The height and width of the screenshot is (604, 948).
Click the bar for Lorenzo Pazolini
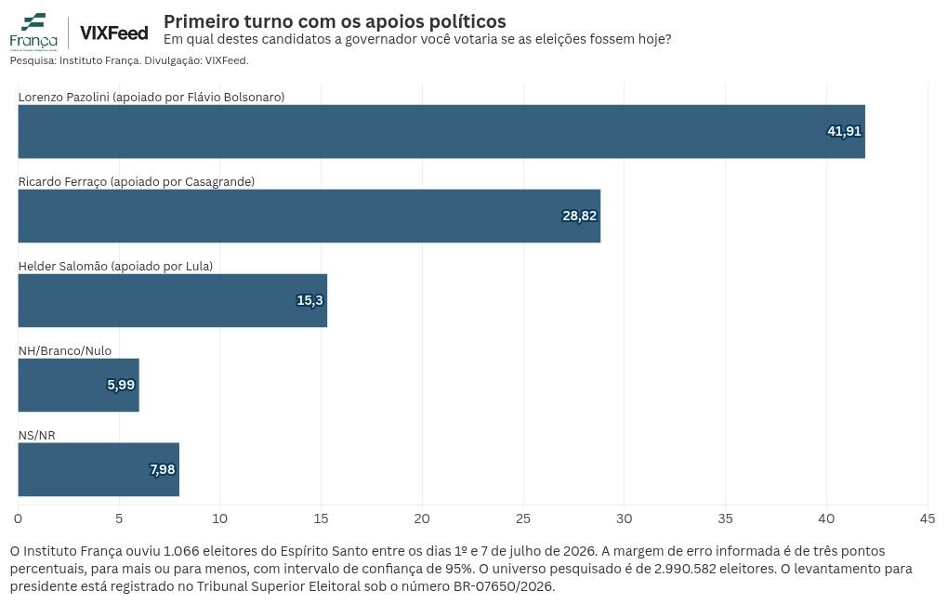coord(441,132)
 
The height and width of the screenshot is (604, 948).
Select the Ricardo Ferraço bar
coord(309,216)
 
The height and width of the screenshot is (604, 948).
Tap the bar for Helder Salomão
coord(172,300)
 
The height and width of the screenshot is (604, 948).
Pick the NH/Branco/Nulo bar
coord(79,385)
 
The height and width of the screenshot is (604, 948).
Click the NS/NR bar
coord(99,470)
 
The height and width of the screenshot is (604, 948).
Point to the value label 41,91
coord(844,131)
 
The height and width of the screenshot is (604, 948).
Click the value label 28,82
coord(579,216)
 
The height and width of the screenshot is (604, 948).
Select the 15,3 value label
coord(309,300)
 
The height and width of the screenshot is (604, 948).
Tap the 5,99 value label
coord(121,385)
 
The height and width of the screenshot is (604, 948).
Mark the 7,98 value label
coord(162,470)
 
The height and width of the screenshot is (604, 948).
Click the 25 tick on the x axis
coord(523,519)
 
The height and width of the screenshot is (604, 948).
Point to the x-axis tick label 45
coord(928,519)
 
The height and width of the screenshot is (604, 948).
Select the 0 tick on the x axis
coord(19,519)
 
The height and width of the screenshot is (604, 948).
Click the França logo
coord(33,32)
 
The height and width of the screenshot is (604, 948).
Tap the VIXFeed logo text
coord(113,33)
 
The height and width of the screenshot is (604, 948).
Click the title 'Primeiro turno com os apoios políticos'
coord(335,21)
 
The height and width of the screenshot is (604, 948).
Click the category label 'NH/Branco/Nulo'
coord(65,350)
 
